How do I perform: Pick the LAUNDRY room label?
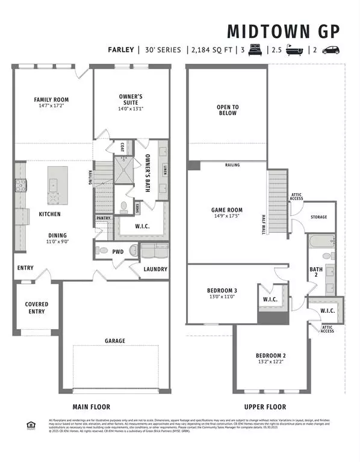[155, 269]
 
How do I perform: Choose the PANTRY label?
[102, 218]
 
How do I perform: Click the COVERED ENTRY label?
[36, 308]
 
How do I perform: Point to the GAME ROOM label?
[226, 210]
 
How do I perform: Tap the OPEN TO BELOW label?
[227, 110]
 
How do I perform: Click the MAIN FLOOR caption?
[92, 407]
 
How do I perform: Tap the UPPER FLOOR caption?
[265, 407]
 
